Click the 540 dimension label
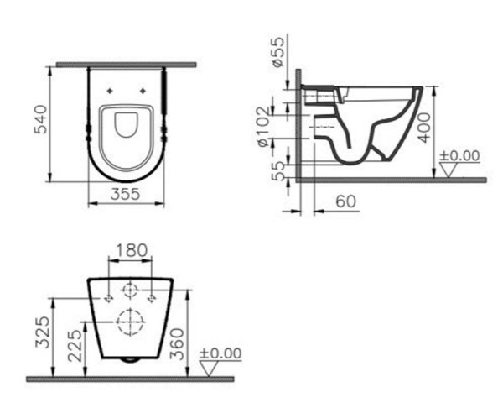click(41, 119)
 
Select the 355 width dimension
click(126, 194)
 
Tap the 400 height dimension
click(424, 128)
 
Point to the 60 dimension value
click(345, 201)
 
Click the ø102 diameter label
click(265, 127)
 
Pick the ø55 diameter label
click(277, 52)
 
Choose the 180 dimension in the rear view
click(132, 250)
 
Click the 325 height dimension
click(43, 332)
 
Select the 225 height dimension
click(75, 345)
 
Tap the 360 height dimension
click(177, 343)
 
